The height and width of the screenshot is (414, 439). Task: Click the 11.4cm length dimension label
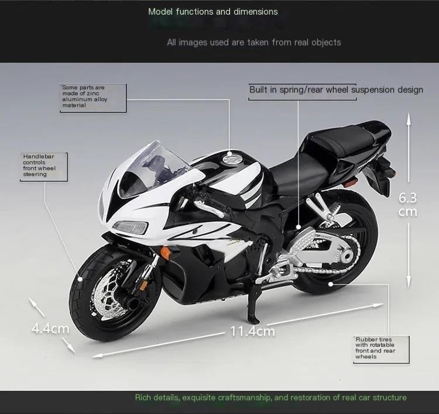pyautogui.click(x=252, y=331)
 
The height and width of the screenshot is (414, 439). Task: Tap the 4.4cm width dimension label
pyautogui.click(x=50, y=328)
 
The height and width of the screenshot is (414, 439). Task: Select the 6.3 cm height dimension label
pyautogui.click(x=408, y=203)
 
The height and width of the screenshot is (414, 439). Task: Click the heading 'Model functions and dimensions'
pyautogui.click(x=213, y=11)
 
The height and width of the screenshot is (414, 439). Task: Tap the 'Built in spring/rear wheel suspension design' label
pyautogui.click(x=335, y=89)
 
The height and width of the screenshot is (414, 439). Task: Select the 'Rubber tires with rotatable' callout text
pyautogui.click(x=374, y=347)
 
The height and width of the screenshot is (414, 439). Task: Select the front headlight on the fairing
pyautogui.click(x=129, y=226)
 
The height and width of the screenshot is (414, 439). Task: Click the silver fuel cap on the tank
pyautogui.click(x=231, y=157)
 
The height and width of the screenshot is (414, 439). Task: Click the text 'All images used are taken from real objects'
pyautogui.click(x=253, y=42)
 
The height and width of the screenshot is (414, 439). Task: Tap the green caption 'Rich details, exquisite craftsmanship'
pyautogui.click(x=270, y=398)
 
